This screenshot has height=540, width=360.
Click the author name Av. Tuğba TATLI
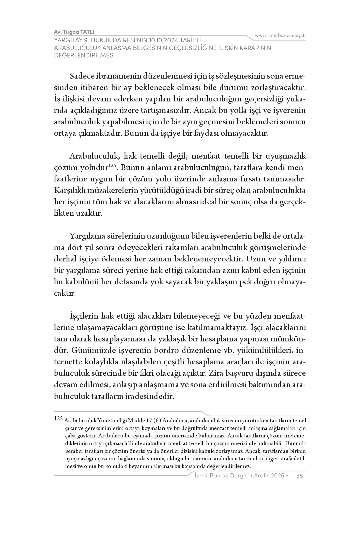click(74, 32)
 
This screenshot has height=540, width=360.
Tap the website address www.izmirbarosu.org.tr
click(280, 35)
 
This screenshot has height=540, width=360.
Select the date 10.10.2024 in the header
click(167, 41)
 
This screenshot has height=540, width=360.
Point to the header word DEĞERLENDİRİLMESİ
click(84, 55)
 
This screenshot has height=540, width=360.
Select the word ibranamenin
click(118, 77)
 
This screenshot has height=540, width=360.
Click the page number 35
click(300, 475)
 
